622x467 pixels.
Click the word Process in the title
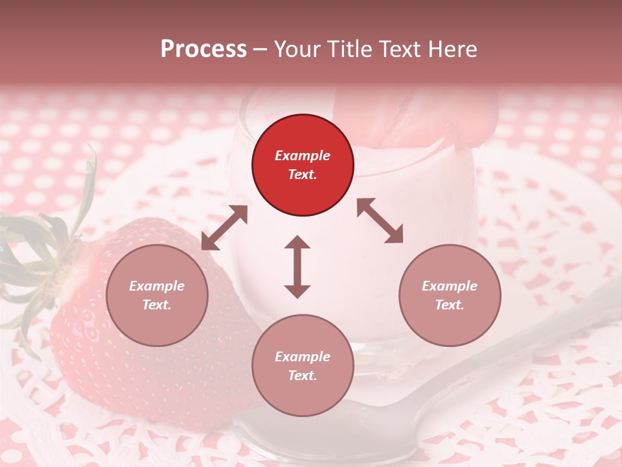point(203,49)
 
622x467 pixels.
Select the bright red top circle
point(303,165)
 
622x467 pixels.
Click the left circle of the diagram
point(157,296)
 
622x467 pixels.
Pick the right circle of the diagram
point(450,296)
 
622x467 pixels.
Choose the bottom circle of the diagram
point(303,365)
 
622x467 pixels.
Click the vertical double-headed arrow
point(297,267)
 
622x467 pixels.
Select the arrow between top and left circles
point(224,228)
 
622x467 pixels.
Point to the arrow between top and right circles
point(380,221)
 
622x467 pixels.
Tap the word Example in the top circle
point(303,156)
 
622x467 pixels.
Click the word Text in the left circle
point(157,305)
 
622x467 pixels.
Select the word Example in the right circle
point(450,286)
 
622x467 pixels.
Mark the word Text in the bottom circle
point(303,376)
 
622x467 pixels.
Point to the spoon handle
point(551,324)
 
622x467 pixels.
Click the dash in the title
point(260,49)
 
